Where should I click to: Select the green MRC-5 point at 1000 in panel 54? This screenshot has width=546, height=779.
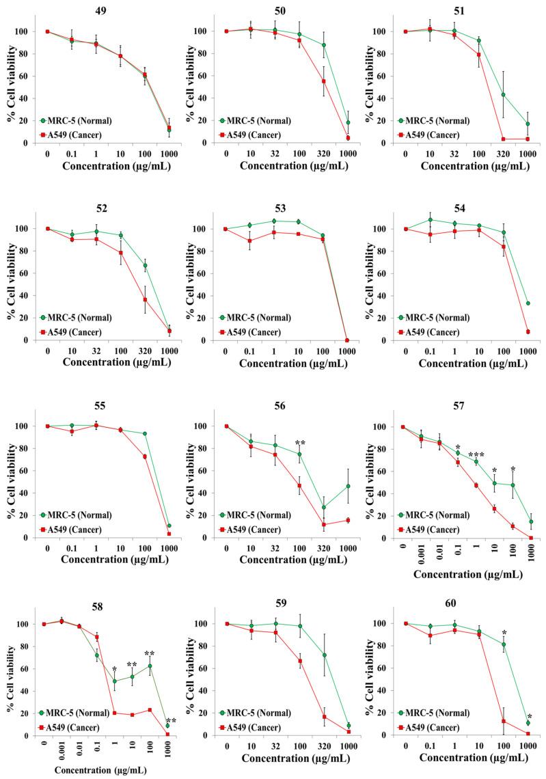(x=526, y=303)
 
